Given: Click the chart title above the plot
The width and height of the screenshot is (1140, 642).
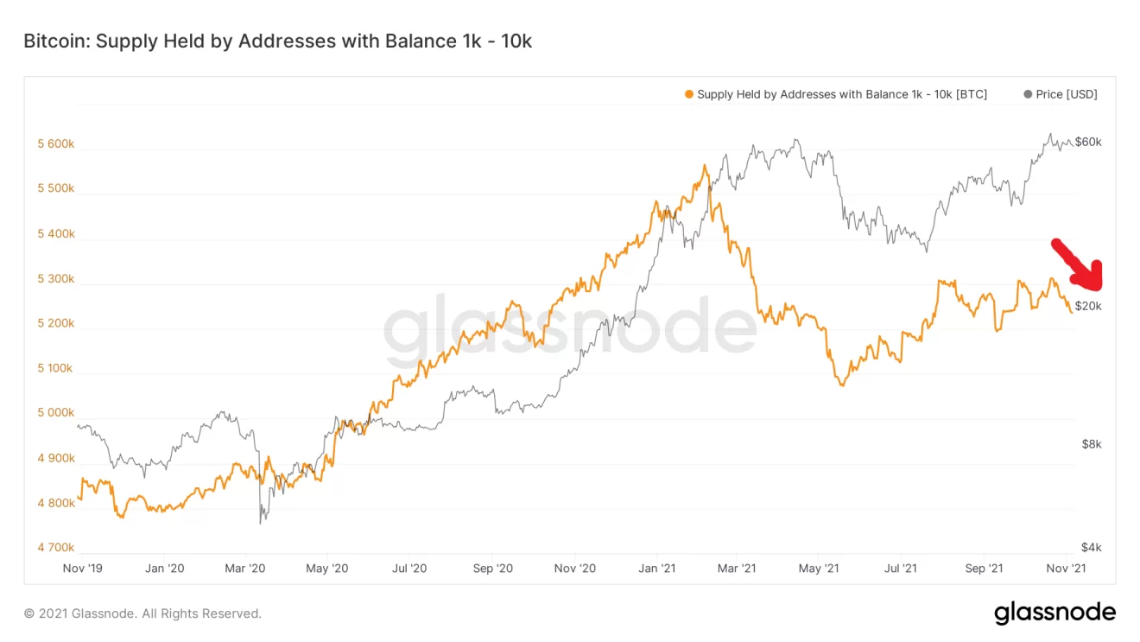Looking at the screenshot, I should [277, 41].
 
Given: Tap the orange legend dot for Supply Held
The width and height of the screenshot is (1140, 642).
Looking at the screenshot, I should [688, 94].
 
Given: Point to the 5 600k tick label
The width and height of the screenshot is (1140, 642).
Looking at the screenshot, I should [55, 144].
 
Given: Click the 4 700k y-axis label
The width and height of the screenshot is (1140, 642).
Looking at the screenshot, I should [55, 547].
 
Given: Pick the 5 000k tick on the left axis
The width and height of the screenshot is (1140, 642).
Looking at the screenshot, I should [55, 413].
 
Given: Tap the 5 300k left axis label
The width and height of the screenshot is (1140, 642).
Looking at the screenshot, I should [55, 279].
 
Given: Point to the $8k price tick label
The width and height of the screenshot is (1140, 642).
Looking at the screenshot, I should [1091, 444].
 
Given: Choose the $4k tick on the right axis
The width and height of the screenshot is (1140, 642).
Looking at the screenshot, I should [1091, 547].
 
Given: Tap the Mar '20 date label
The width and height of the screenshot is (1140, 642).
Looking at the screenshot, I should [246, 568].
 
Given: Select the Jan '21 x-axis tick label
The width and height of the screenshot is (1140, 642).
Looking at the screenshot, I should [657, 568].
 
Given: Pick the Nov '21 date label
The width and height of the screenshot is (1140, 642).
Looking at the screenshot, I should [1066, 568].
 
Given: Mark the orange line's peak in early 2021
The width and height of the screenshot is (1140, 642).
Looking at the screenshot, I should [706, 165].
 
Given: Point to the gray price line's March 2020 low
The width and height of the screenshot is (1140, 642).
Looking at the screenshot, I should [261, 523].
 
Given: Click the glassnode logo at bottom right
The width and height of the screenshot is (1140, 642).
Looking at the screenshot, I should [1054, 613].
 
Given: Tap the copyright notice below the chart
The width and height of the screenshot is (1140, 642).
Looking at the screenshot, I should [142, 613].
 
